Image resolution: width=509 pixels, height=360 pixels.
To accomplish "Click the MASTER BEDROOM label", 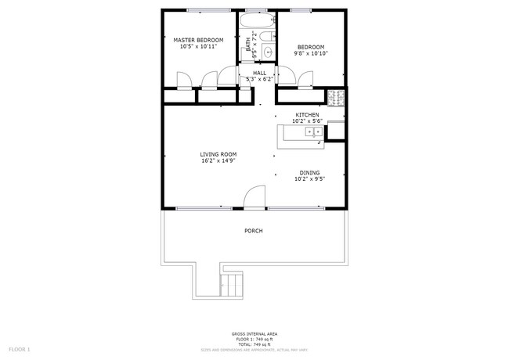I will click(198, 40).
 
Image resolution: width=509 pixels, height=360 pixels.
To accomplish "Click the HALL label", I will click(258, 73).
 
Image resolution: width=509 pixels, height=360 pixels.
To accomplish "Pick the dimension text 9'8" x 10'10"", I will click(310, 54).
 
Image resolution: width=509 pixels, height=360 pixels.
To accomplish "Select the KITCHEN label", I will click(306, 114).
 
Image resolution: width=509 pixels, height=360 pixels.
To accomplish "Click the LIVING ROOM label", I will click(218, 154).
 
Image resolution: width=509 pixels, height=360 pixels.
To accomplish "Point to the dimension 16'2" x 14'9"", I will click(218, 161).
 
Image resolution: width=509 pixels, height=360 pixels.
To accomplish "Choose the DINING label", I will click(309, 172).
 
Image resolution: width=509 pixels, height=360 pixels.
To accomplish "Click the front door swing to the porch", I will click(253, 197).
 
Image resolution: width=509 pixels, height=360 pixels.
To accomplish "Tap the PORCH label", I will click(253, 231).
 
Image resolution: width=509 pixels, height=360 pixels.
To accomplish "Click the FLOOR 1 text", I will click(19, 348).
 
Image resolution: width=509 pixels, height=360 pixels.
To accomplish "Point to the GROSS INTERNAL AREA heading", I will click(254, 334).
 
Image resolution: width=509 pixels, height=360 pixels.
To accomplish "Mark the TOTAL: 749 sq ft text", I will click(254, 344).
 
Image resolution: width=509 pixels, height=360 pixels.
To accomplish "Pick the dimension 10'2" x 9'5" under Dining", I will click(309, 179).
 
